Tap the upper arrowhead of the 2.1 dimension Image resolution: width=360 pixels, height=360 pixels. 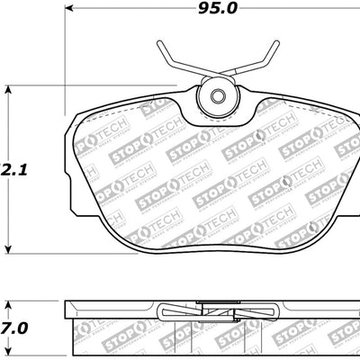tap(10, 88)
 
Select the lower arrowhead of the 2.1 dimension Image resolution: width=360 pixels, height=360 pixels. tap(10, 247)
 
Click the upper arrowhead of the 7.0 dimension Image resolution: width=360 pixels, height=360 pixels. tap(10, 304)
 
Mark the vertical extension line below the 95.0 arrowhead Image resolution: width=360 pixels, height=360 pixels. tap(68, 63)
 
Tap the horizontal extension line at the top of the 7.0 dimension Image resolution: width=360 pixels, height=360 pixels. tap(36, 301)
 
